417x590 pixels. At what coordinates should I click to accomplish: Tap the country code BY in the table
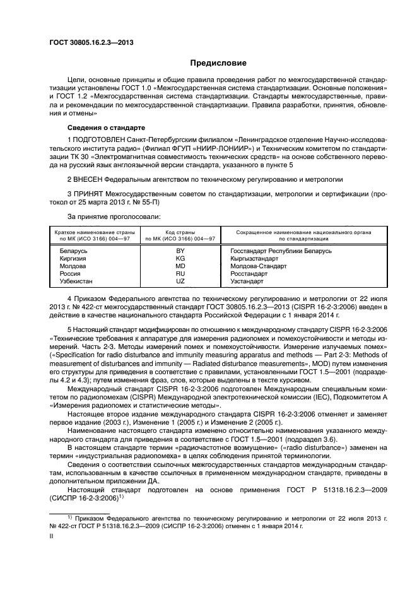click(x=180, y=251)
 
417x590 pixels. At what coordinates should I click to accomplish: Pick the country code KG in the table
click(x=180, y=259)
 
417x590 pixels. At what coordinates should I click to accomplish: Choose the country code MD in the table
click(x=180, y=266)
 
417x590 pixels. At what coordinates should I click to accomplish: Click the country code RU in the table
click(x=180, y=274)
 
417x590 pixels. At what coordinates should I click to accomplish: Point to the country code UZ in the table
click(x=180, y=281)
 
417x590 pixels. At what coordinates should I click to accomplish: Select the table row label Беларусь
click(x=73, y=251)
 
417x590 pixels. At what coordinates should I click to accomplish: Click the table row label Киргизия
click(x=73, y=259)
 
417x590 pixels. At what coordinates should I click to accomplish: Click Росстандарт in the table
click(x=250, y=274)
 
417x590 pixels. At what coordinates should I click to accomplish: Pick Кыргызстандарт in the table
click(x=255, y=259)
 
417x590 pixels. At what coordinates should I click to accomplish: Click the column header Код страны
click(x=180, y=233)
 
